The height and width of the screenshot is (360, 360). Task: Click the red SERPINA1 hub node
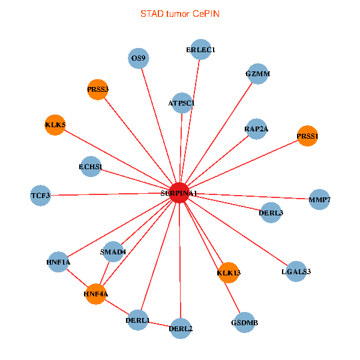click(x=179, y=193)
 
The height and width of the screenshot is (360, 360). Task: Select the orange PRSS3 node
click(x=97, y=89)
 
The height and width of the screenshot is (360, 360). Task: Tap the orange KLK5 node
click(x=55, y=125)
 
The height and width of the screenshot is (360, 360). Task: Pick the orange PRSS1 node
click(x=307, y=136)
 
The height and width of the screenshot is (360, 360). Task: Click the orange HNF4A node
click(x=95, y=294)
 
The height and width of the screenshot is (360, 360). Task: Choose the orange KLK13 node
click(x=229, y=273)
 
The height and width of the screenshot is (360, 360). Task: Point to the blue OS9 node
click(x=139, y=58)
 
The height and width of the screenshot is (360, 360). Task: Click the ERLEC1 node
click(x=200, y=49)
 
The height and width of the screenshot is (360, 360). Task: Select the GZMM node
click(x=257, y=74)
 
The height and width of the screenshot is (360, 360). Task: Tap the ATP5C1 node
click(x=181, y=103)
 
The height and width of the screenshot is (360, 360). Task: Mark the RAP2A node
click(x=256, y=129)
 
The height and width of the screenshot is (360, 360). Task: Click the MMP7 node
click(x=319, y=199)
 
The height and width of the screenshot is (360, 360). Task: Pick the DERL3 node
click(x=271, y=212)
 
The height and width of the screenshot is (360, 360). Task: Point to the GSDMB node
click(x=244, y=323)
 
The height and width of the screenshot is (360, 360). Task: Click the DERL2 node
click(x=181, y=328)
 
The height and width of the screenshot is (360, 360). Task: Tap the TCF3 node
click(x=40, y=195)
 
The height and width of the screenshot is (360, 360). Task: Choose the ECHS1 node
click(x=91, y=166)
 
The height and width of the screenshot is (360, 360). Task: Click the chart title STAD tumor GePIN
click(x=179, y=13)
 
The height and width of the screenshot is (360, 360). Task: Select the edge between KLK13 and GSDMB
click(x=236, y=298)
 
